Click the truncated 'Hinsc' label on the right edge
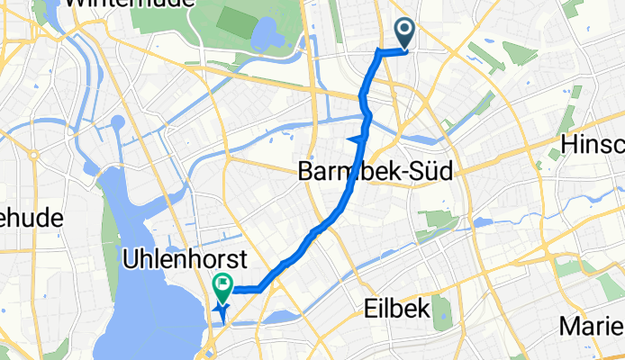tap(592, 145)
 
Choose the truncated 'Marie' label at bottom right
tap(591, 325)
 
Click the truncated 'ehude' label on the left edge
tap(32, 218)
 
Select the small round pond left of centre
tap(117, 123)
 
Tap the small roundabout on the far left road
tap(33, 155)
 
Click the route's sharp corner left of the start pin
tap(376, 53)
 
